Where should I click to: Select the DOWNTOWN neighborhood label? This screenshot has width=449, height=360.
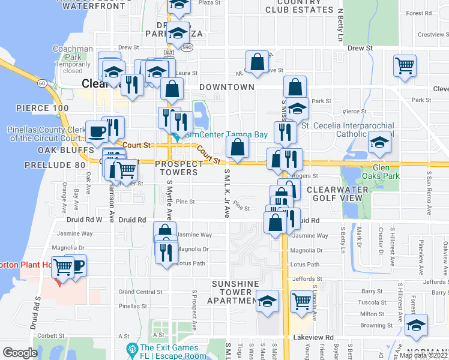pyautogui.click(x=227, y=87)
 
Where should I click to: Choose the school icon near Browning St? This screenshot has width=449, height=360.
pyautogui.click(x=416, y=325)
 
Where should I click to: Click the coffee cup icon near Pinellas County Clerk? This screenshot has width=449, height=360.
pyautogui.click(x=97, y=132)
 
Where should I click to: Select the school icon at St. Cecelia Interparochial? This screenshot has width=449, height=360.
pyautogui.click(x=379, y=143)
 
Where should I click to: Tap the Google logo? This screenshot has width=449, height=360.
pyautogui.click(x=20, y=353)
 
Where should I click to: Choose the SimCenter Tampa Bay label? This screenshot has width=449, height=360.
pyautogui.click(x=225, y=135)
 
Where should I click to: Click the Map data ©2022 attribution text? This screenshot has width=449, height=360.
pyautogui.click(x=424, y=355)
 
